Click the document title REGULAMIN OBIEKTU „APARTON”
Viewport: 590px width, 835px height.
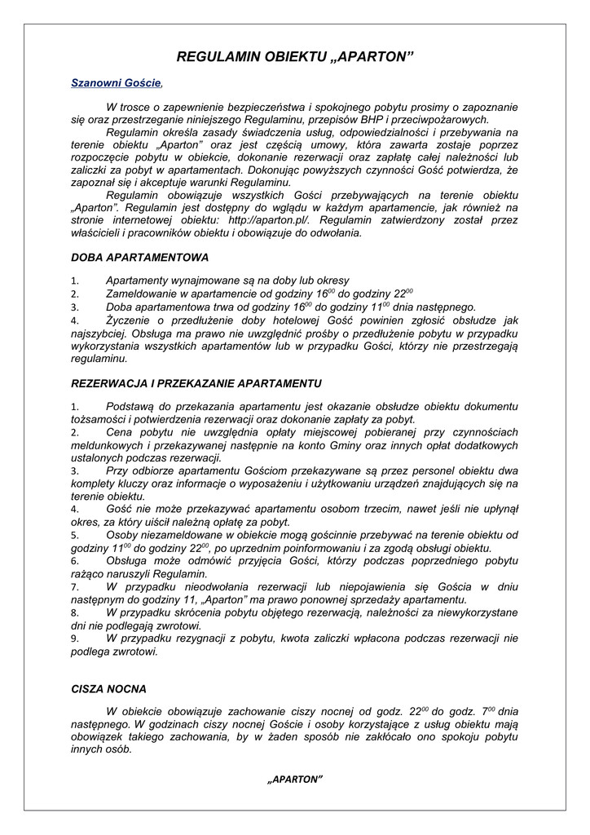[x=295, y=57]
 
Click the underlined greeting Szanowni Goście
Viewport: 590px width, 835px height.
[x=117, y=83]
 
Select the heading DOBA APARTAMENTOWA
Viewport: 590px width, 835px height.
[x=140, y=257]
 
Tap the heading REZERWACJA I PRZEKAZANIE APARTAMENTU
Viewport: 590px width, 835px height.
[x=196, y=383]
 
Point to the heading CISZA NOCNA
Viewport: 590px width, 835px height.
[x=109, y=689]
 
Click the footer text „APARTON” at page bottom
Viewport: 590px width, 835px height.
[x=295, y=779]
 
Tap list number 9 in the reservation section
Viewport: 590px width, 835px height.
[x=75, y=639]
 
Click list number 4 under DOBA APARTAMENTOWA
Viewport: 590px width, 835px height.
[x=75, y=321]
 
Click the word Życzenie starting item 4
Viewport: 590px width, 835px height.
[x=130, y=321]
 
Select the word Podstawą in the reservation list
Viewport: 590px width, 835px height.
[x=130, y=406]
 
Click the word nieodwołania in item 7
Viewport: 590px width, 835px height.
[x=201, y=586]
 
